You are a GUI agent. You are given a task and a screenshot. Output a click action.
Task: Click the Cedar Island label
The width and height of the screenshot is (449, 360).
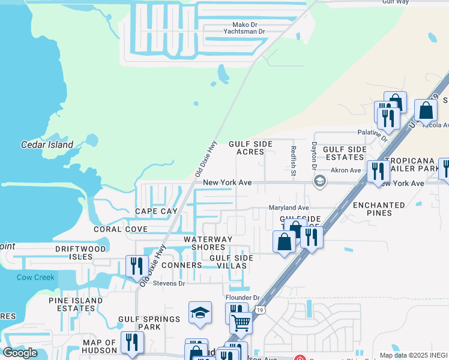(47, 145)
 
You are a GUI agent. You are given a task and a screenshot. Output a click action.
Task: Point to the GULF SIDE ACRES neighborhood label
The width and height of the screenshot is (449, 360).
(250, 148)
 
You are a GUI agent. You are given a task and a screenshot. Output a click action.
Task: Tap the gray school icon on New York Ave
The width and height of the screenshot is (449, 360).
(320, 181)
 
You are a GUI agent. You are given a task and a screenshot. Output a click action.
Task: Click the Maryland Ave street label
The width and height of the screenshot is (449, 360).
(288, 207)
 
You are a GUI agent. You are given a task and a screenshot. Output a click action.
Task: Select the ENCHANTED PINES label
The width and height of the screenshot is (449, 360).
(379, 209)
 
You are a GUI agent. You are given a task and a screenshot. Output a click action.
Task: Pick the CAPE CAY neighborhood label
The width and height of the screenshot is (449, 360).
(156, 211)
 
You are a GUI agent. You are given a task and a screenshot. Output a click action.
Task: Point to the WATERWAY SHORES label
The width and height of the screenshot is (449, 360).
(208, 244)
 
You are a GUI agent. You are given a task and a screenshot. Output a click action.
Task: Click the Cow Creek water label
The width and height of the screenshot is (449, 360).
(35, 277)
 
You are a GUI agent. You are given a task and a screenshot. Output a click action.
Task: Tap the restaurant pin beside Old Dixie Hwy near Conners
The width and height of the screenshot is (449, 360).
(137, 265)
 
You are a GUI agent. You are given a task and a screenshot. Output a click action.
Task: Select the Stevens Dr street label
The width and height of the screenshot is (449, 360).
(169, 283)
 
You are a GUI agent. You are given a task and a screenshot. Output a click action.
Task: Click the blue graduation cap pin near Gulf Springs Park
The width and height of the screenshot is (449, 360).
(200, 313)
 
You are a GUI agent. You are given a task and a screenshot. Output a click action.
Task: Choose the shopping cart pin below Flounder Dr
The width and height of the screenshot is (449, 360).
(241, 322)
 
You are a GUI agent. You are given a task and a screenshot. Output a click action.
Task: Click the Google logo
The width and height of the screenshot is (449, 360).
(20, 353)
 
